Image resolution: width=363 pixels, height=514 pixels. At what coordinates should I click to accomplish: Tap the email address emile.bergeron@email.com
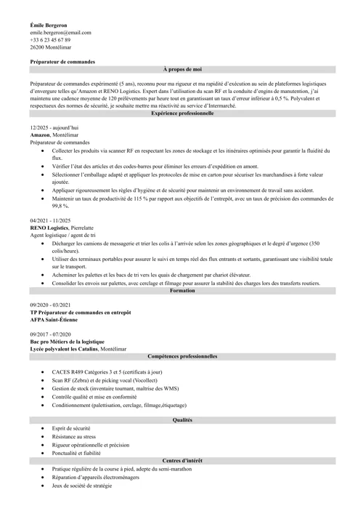[61, 33]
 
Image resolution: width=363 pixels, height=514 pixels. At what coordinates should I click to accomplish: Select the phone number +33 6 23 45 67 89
[51, 40]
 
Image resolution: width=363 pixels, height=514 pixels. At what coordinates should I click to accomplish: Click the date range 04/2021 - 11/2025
[50, 219]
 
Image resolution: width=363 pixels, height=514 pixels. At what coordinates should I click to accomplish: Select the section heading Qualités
[182, 420]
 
